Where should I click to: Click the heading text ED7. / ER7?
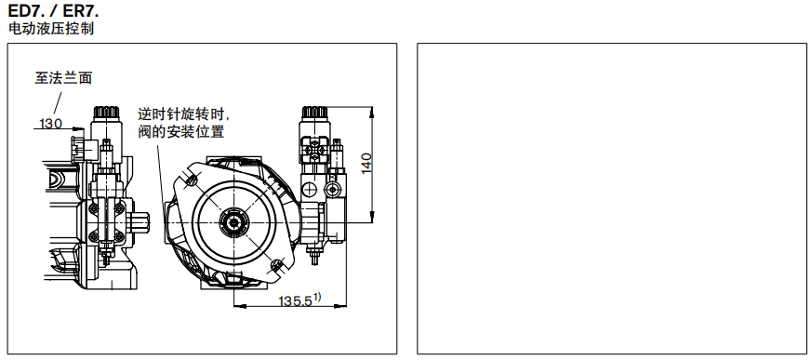(x=52, y=11)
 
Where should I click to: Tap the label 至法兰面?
(x=64, y=79)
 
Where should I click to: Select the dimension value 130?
(x=50, y=123)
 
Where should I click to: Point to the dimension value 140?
(x=366, y=163)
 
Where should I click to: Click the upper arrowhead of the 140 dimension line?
(x=371, y=110)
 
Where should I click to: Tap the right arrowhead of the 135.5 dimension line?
(x=343, y=304)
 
